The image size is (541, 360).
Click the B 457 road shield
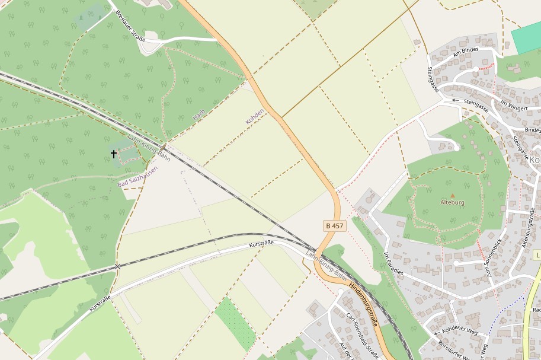point(334,226)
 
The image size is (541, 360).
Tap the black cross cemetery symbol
point(114,154)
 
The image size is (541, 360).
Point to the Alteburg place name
point(453,202)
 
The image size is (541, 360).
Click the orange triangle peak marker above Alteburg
point(453,195)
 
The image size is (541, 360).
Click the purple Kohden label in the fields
point(255,113)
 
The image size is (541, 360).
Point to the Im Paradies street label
point(393,263)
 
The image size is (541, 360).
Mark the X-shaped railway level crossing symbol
point(117,266)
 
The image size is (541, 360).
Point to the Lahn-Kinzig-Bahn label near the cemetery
point(149,147)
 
